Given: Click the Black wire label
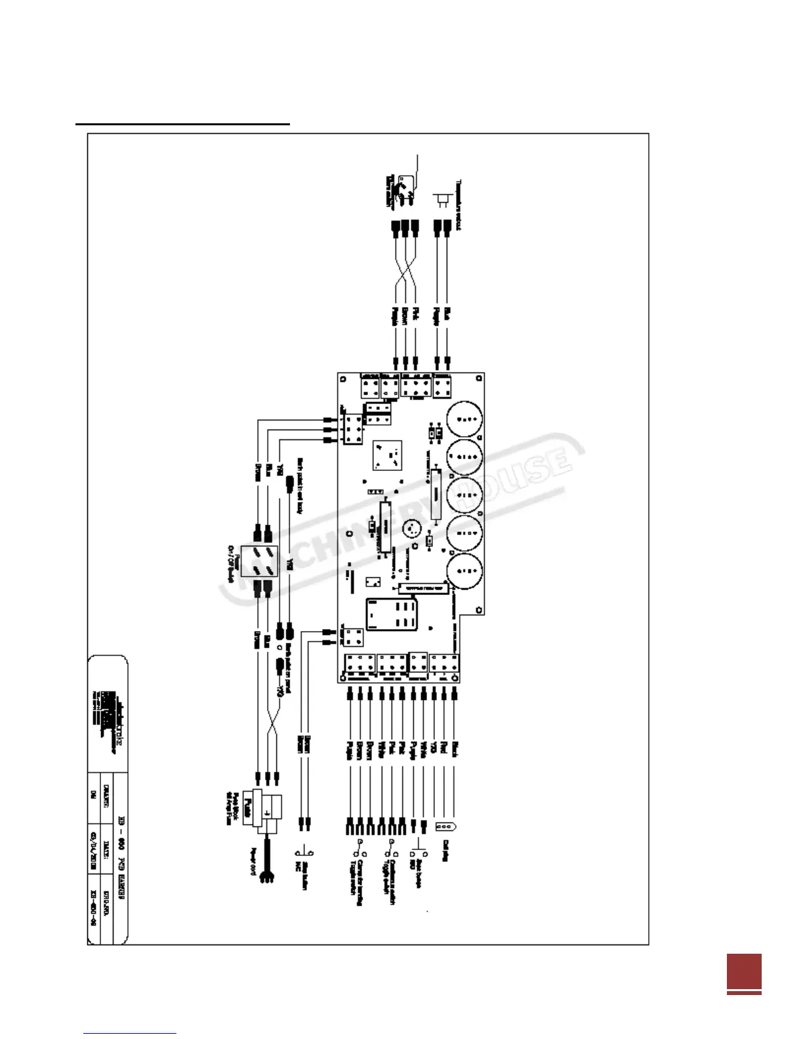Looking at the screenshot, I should pos(455,748).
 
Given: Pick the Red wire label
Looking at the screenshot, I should pos(444,748).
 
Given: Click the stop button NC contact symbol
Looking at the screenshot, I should pos(306,852).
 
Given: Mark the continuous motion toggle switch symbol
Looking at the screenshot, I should pos(391,849).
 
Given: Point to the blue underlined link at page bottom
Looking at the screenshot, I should pos(130,1033).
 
